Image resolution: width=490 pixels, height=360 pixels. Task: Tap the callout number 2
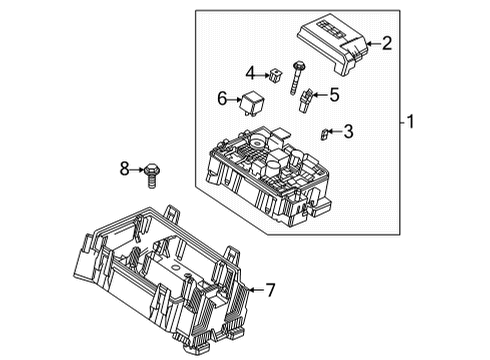(x=386, y=43)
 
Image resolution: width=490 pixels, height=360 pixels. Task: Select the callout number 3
(x=348, y=130)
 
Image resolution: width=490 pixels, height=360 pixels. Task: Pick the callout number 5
(x=335, y=96)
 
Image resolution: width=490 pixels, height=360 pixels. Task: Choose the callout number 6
(x=222, y=97)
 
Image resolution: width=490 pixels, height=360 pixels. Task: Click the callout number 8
(x=126, y=169)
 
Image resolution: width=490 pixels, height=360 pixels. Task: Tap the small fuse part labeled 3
(x=324, y=132)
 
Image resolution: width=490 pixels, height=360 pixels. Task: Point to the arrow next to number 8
(x=138, y=169)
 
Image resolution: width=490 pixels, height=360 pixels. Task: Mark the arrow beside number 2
(x=372, y=43)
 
